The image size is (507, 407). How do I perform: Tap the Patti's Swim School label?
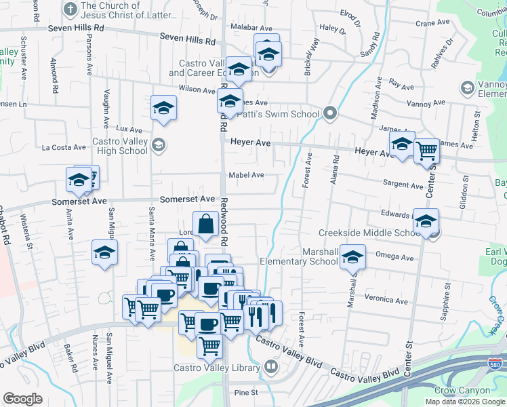click(278, 114)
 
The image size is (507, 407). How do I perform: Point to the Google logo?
click(22, 398)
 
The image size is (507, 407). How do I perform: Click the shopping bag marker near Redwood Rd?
click(205, 223)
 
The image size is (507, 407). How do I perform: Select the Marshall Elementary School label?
click(299, 256)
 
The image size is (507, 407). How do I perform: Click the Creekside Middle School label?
click(370, 233)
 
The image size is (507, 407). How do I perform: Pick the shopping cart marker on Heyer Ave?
click(426, 150)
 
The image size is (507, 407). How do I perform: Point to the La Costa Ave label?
click(64, 147)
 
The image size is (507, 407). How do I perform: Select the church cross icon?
click(70, 9)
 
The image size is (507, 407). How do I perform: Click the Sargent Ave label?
click(403, 185)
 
